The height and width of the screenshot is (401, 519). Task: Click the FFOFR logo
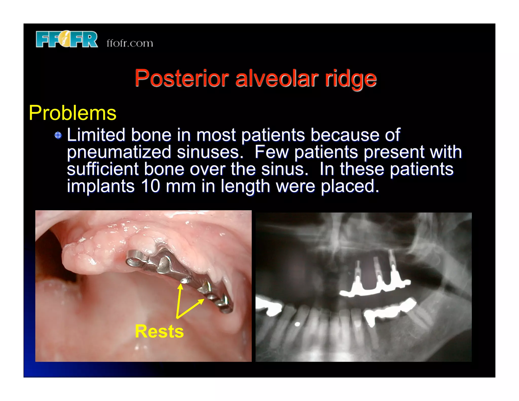[66, 39]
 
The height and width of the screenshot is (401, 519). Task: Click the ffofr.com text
[130, 43]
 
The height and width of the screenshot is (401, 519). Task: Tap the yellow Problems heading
[72, 113]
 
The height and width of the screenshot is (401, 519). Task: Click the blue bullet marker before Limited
[58, 135]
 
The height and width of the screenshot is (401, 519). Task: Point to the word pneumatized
[119, 152]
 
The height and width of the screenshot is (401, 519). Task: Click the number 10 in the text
[150, 186]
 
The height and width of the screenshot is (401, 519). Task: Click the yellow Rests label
[159, 331]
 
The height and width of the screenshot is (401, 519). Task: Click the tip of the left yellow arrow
[180, 284]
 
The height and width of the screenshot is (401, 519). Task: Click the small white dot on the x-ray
[298, 324]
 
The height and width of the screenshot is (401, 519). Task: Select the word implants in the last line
[101, 186]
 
